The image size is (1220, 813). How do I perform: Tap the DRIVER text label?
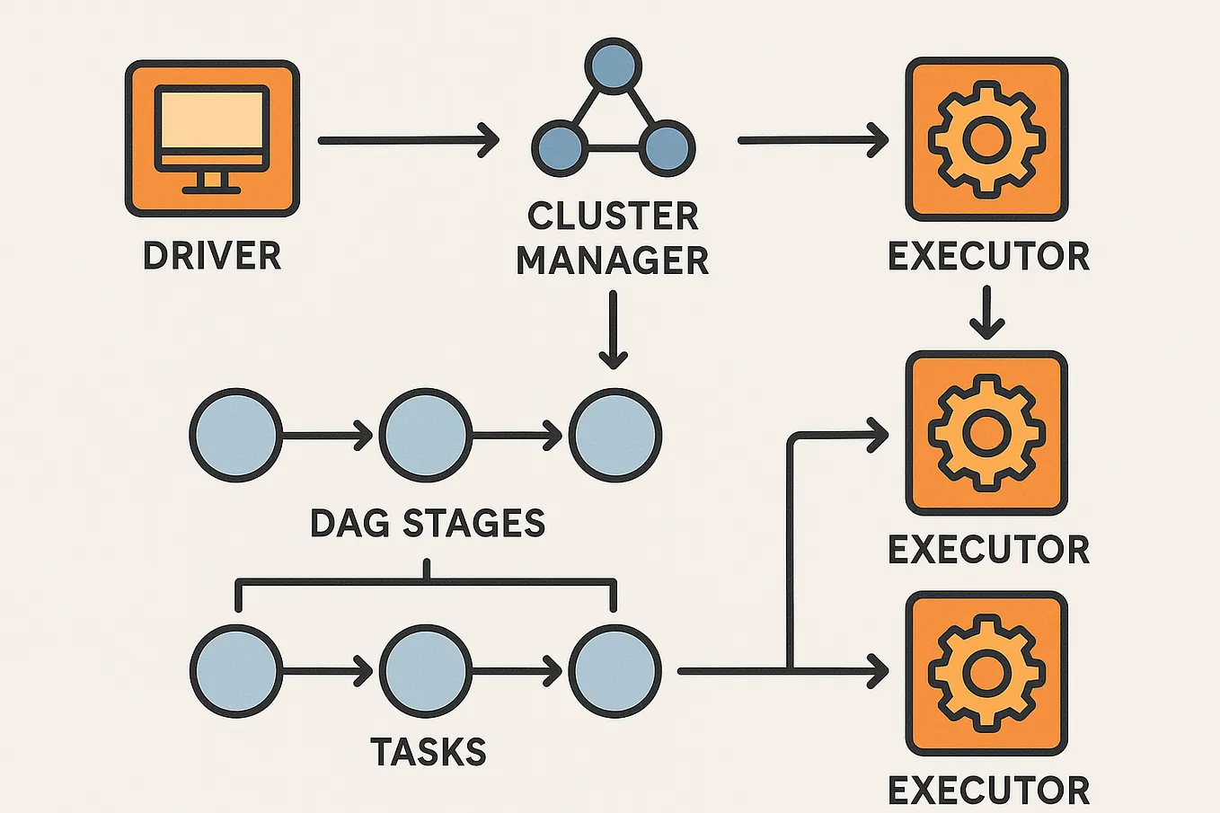pos(212,256)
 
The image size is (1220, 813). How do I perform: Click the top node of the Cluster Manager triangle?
pos(613,66)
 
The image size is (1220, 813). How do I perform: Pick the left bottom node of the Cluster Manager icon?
pos(560,147)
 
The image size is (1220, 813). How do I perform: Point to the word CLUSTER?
pos(613,217)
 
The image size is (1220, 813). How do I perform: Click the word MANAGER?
pos(613,261)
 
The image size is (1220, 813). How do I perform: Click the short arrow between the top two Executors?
pos(986,313)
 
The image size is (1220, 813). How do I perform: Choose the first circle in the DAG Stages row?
pos(235,435)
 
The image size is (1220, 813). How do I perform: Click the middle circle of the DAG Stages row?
pos(425,435)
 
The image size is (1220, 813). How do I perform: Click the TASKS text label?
pos(429,752)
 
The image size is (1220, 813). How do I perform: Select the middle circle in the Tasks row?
pos(425,671)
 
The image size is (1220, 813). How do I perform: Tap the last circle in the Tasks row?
pos(615,671)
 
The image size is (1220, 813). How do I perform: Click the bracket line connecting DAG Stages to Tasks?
pos(426,582)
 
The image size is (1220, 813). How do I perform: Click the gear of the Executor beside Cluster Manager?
pos(986,138)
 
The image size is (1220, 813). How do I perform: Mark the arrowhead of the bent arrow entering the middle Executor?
pos(877,435)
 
